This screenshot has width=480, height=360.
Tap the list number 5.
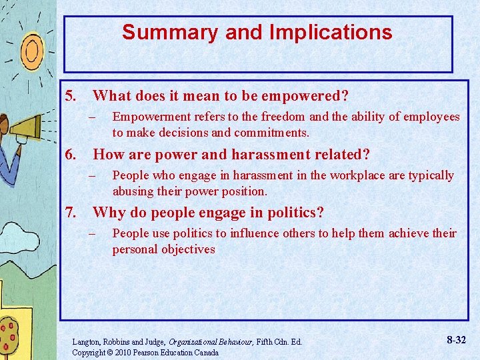click(73, 96)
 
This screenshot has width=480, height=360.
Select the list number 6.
click(73, 155)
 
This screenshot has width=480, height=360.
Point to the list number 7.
click(73, 213)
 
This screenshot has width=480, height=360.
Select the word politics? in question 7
click(293, 213)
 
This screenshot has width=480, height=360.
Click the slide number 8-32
click(455, 340)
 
